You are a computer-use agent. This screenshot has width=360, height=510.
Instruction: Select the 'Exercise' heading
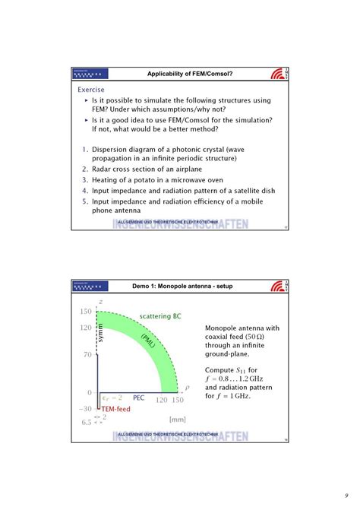click(x=92, y=89)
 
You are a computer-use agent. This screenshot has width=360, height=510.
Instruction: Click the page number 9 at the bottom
click(x=344, y=487)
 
